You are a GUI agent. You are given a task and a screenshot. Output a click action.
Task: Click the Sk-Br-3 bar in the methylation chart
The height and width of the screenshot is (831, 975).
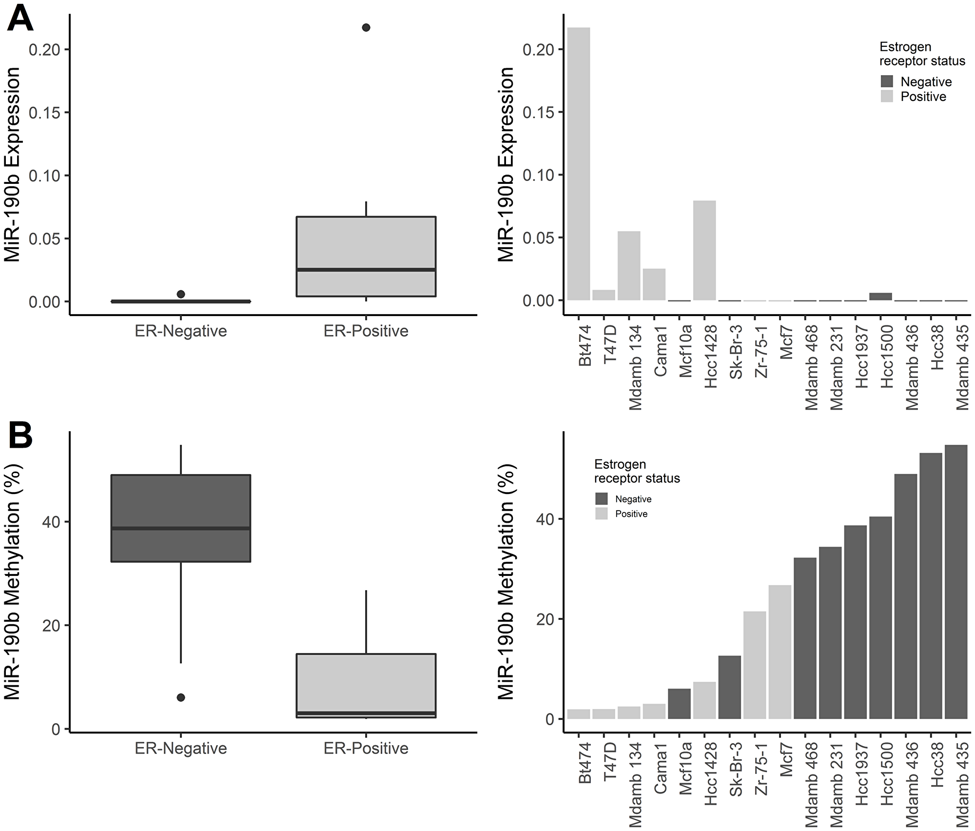pyautogui.click(x=729, y=687)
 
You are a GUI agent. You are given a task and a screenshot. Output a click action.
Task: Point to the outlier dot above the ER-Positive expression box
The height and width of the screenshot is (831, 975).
pyautogui.click(x=366, y=27)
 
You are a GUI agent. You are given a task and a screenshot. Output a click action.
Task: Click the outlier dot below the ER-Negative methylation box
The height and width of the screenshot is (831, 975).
pyautogui.click(x=181, y=697)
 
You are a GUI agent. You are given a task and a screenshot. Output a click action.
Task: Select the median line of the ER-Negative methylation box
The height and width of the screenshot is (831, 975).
pyautogui.click(x=181, y=528)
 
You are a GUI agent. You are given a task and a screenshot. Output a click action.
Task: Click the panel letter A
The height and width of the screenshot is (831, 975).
pyautogui.click(x=20, y=20)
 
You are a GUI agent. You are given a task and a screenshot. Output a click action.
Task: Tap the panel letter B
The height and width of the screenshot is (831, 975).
pyautogui.click(x=20, y=435)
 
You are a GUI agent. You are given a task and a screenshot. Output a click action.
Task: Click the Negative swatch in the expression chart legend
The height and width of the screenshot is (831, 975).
pyautogui.click(x=887, y=81)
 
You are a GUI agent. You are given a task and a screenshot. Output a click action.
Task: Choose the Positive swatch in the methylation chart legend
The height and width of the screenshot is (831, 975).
pyautogui.click(x=602, y=514)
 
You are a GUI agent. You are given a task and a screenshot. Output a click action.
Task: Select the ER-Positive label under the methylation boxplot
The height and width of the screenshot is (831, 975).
pyautogui.click(x=366, y=748)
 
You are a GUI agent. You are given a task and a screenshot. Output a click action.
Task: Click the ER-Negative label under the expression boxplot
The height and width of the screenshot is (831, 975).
pyautogui.click(x=181, y=331)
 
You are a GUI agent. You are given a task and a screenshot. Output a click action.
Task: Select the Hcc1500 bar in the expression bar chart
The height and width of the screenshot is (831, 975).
pyautogui.click(x=880, y=297)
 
